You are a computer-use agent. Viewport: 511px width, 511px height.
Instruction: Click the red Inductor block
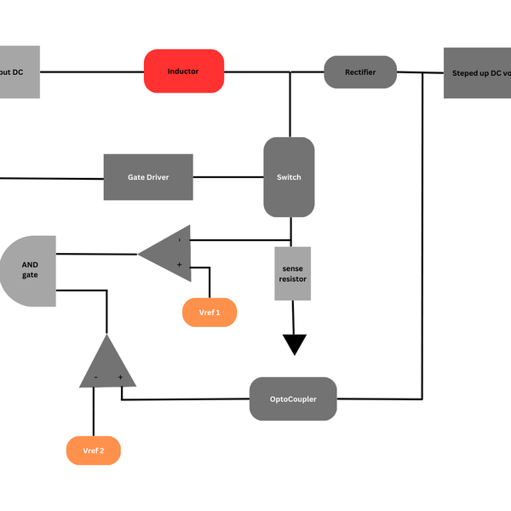183,72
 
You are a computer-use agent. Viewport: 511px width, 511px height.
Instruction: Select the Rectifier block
360,72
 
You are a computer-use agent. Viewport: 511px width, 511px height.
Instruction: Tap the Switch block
289,177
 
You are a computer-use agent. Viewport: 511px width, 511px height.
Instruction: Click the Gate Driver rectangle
148,177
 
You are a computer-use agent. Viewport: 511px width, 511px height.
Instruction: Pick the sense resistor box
292,273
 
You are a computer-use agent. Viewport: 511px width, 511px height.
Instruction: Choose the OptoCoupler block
293,399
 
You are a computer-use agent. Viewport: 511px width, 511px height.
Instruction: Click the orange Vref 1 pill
210,313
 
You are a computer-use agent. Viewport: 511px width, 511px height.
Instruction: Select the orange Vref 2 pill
93,451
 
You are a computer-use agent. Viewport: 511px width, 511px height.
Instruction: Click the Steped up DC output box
477,72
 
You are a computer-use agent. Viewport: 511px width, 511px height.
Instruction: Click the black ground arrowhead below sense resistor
294,344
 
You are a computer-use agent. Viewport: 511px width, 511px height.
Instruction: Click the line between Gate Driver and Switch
228,177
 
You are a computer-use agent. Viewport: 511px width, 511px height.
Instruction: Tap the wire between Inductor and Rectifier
273,72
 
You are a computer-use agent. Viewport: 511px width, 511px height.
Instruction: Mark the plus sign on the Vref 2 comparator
121,376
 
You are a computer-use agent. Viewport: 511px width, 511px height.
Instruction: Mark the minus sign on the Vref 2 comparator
95,376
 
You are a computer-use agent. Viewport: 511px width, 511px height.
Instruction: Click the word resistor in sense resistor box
292,279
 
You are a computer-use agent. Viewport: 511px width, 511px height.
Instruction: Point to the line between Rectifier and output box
420,72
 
